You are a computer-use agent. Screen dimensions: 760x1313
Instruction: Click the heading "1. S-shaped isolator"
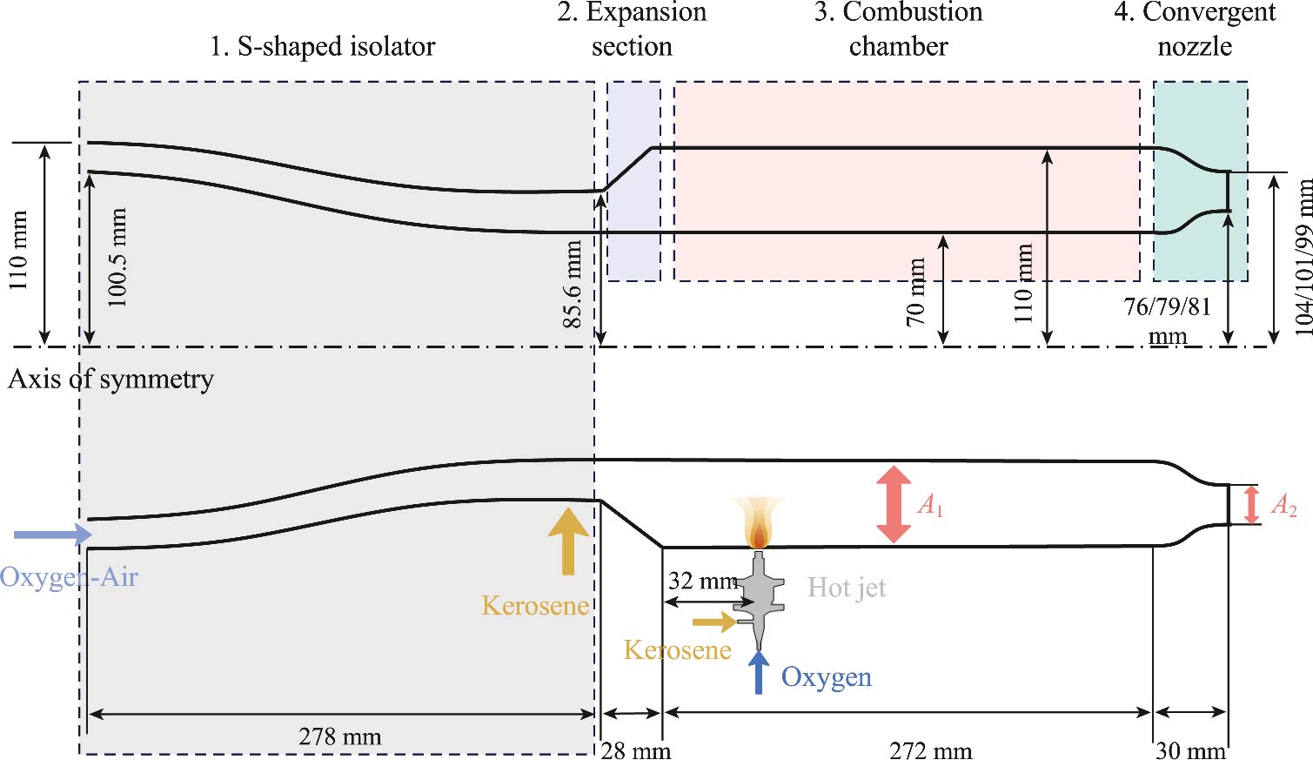click(x=322, y=46)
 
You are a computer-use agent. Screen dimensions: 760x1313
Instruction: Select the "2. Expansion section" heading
click(x=632, y=29)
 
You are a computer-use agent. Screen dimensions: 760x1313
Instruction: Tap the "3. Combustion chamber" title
click(x=898, y=29)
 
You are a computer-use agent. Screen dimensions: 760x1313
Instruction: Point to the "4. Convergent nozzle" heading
click(x=1195, y=29)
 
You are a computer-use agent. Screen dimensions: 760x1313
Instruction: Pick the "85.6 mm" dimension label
click(x=572, y=285)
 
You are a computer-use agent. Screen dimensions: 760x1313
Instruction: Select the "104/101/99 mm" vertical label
click(x=1303, y=257)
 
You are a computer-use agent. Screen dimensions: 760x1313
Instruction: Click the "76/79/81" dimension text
click(x=1167, y=306)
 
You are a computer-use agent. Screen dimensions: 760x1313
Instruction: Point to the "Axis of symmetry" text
click(x=111, y=380)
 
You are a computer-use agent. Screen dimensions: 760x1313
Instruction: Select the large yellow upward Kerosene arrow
click(x=569, y=540)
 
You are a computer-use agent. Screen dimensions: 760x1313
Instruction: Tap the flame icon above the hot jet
click(x=758, y=522)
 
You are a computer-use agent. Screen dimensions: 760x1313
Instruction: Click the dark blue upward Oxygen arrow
click(x=759, y=673)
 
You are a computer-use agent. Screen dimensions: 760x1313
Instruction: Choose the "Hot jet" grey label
click(x=846, y=588)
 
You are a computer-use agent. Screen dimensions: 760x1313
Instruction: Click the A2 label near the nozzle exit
click(x=1283, y=505)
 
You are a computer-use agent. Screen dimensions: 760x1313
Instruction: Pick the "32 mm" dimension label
click(x=701, y=581)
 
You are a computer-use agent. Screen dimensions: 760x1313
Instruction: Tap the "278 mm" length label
click(x=339, y=737)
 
